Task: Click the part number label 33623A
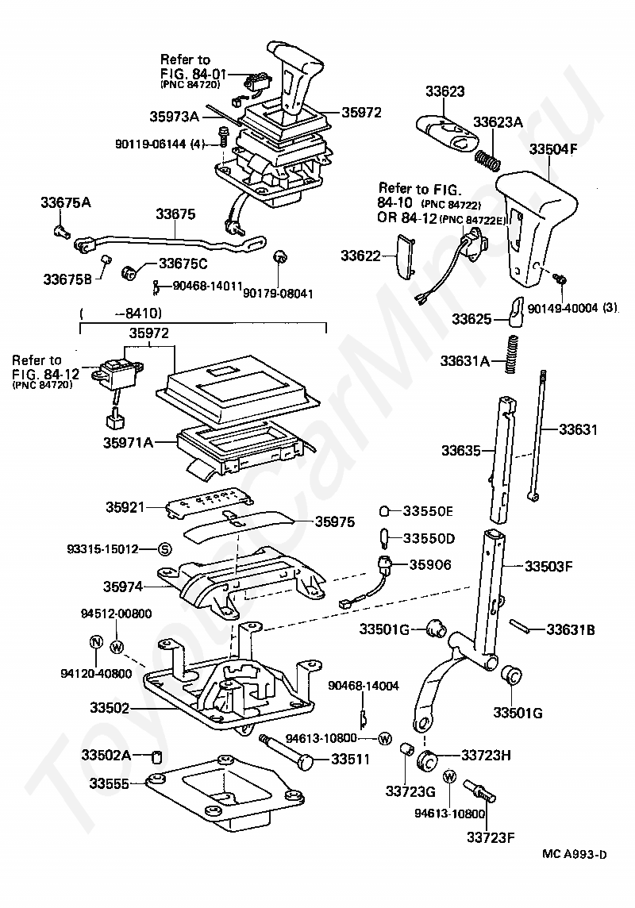pyautogui.click(x=498, y=122)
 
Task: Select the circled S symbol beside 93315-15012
pyautogui.click(x=164, y=549)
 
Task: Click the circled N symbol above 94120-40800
pyautogui.click(x=96, y=642)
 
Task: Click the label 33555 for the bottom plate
pyautogui.click(x=109, y=783)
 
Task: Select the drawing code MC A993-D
pyautogui.click(x=574, y=854)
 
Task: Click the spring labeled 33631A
pyautogui.click(x=511, y=355)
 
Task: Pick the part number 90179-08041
pyautogui.click(x=278, y=294)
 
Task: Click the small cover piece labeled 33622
pyautogui.click(x=405, y=256)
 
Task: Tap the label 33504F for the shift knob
pyautogui.click(x=553, y=149)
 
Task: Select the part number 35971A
pyautogui.click(x=128, y=443)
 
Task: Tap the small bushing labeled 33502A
pyautogui.click(x=155, y=757)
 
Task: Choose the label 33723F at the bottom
pyautogui.click(x=491, y=837)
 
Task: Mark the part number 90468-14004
pyautogui.click(x=364, y=686)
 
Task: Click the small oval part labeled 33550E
pyautogui.click(x=384, y=511)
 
